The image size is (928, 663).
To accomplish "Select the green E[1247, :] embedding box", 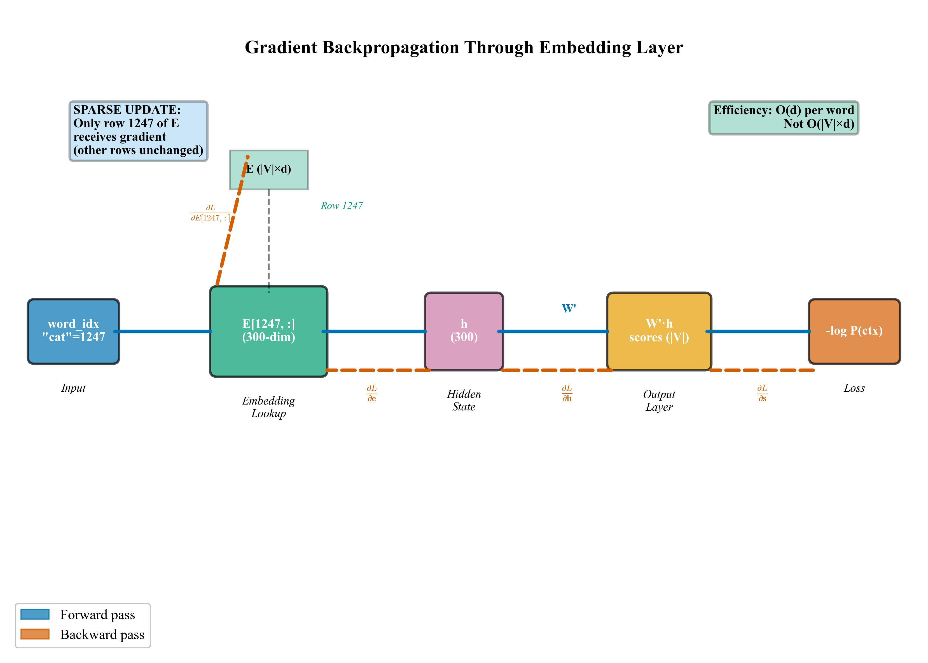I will (x=268, y=331).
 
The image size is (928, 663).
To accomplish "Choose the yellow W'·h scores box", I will (x=658, y=331).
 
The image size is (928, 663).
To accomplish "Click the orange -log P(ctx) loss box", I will (x=854, y=331).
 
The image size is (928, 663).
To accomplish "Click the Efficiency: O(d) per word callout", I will (x=783, y=117).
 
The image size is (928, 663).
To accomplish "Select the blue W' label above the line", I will (x=569, y=309).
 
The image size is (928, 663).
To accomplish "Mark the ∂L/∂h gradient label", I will (x=567, y=393).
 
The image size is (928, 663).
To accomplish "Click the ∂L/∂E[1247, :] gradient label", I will (x=210, y=213).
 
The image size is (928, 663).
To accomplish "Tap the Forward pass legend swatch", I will (x=35, y=614).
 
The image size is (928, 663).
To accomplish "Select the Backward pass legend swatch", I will (x=35, y=634).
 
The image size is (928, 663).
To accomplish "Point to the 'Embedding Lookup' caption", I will (x=268, y=407).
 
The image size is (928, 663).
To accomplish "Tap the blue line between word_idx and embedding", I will (x=163, y=331).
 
